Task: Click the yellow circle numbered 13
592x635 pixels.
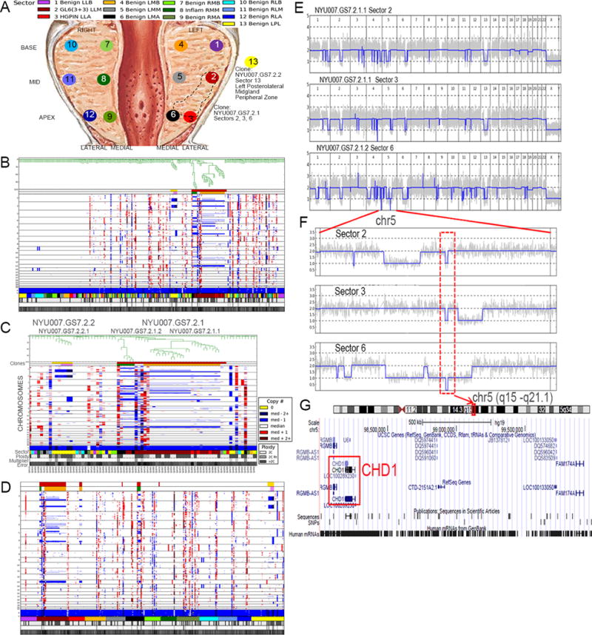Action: tap(253, 60)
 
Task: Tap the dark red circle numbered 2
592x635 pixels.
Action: tap(212, 77)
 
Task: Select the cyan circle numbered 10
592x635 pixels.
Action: tap(72, 45)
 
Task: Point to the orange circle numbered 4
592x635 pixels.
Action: tap(181, 45)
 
